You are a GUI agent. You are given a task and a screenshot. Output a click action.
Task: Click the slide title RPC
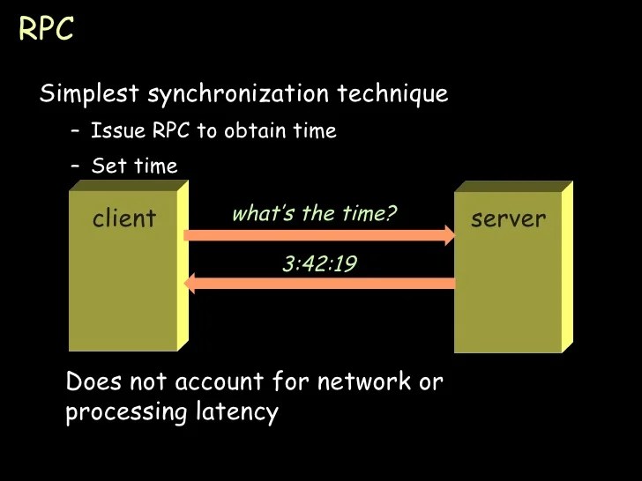click(46, 29)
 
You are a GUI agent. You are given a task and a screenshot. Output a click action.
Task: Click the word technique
click(399, 93)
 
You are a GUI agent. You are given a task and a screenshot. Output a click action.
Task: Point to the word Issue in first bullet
click(119, 131)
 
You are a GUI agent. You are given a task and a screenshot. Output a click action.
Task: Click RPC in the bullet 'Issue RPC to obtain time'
click(172, 131)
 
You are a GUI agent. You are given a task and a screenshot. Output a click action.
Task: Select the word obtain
click(254, 131)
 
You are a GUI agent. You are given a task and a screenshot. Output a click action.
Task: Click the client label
click(123, 218)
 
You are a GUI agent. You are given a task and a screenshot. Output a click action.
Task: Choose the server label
click(508, 218)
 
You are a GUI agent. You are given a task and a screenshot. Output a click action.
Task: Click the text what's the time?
click(314, 213)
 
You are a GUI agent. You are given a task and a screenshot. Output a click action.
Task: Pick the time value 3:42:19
click(319, 263)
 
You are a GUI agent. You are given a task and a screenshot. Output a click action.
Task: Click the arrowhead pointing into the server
click(448, 235)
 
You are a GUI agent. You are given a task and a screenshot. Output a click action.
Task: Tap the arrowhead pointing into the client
click(190, 283)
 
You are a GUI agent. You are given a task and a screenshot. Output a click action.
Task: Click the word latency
click(235, 412)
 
